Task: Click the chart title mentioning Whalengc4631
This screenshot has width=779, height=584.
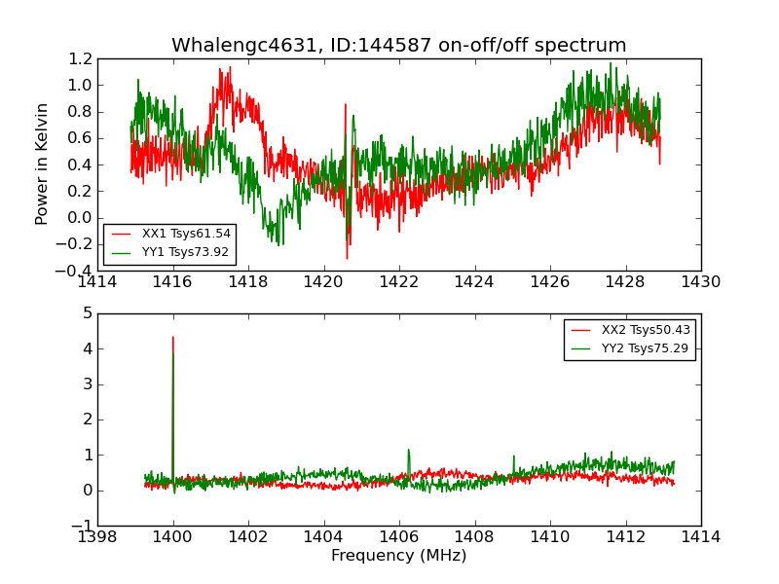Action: [x=398, y=46]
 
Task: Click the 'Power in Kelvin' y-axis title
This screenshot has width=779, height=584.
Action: [x=43, y=164]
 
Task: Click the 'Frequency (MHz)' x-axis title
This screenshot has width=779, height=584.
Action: [x=398, y=556]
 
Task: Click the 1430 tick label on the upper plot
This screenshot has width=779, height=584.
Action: [x=700, y=282]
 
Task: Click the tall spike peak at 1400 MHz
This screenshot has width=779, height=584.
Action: [x=173, y=338]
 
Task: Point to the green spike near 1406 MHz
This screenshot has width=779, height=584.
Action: [x=408, y=450]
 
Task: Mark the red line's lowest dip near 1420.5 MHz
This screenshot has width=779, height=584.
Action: [x=347, y=258]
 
